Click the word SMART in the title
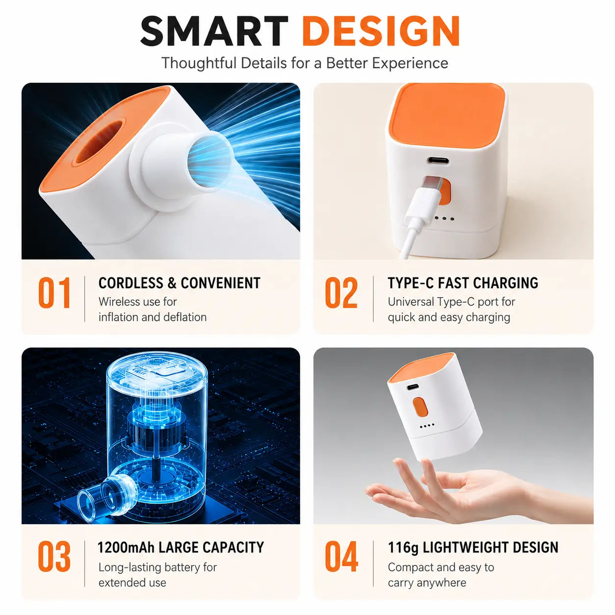tap(214, 32)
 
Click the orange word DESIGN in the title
tap(381, 32)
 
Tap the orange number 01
tap(54, 293)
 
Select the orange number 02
tap(341, 293)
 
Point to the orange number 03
tap(54, 556)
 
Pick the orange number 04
tap(341, 556)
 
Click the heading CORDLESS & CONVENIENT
tap(179, 283)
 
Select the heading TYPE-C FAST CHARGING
tap(463, 283)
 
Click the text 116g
tap(403, 548)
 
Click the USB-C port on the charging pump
tap(438, 160)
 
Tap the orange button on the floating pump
tap(420, 407)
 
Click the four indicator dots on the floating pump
tap(427, 426)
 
